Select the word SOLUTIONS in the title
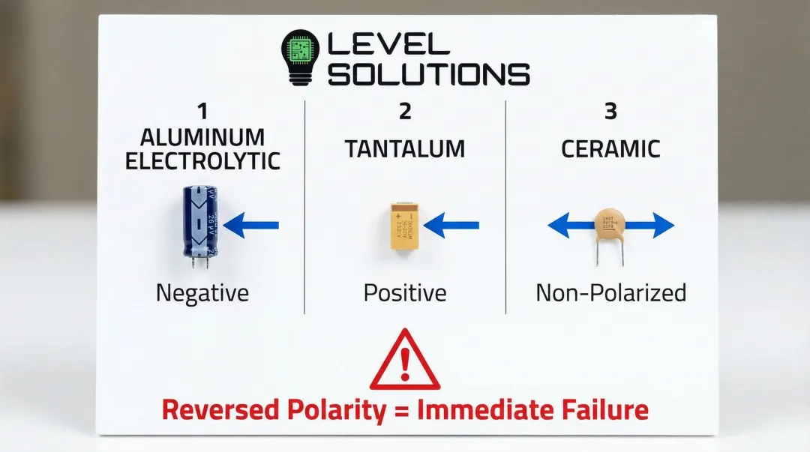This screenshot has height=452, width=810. click(430, 74)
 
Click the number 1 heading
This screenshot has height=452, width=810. click(202, 112)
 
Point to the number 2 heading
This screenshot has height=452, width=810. click(405, 112)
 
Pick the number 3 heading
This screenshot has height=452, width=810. click(610, 112)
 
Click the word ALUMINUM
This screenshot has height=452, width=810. click(202, 138)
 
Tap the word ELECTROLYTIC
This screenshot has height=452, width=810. click(202, 160)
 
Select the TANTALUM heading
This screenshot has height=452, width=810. click(405, 148)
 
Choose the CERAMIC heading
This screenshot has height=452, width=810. click(610, 148)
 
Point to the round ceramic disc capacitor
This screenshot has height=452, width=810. click(610, 223)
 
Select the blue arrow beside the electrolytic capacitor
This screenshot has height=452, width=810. click(251, 224)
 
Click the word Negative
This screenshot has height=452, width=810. click(202, 292)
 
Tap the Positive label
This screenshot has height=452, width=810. click(405, 292)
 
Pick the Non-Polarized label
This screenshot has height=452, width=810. click(610, 292)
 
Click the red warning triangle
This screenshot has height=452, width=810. click(405, 361)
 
